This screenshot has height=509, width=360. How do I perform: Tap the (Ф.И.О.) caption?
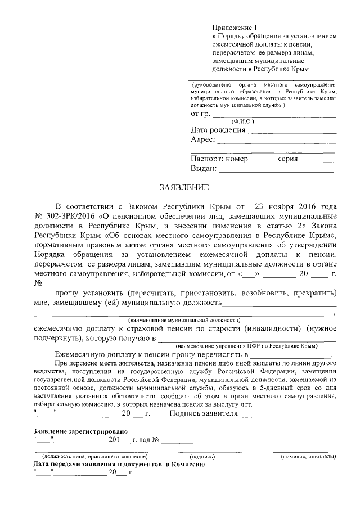[x=243, y=121]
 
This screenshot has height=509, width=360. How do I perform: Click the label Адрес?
[x=203, y=140]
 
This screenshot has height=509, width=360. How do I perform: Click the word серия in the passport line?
[x=287, y=159]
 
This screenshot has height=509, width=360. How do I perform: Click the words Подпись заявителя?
[x=203, y=414]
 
